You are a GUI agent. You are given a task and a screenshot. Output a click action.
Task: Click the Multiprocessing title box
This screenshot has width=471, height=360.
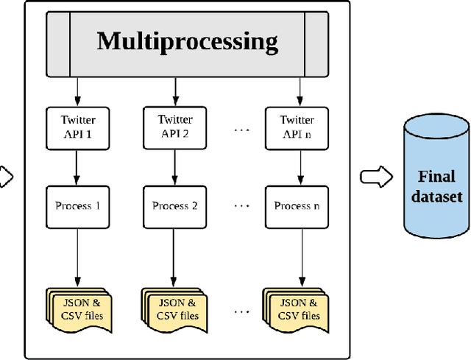[188, 41]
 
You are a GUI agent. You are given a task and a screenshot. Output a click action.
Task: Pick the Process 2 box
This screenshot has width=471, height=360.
[175, 205]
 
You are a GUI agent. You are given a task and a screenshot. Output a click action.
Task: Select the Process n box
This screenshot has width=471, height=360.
[297, 205]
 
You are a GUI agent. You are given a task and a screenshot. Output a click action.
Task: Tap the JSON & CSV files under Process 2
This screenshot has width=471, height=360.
[174, 310]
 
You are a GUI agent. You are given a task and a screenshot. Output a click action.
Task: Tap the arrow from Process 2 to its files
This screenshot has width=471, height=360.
[175, 257]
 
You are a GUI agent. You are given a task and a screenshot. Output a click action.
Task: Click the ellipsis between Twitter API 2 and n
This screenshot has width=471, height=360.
[242, 130]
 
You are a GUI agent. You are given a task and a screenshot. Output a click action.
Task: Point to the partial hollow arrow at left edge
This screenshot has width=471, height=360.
[6, 177]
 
